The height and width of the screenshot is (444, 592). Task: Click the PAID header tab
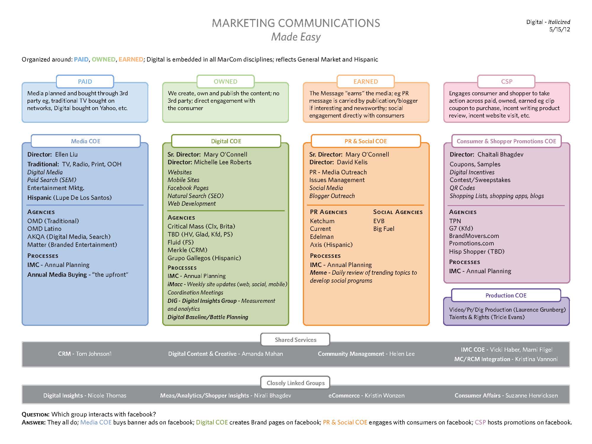pyautogui.click(x=85, y=82)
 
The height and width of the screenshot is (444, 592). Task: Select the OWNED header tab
pyautogui.click(x=226, y=82)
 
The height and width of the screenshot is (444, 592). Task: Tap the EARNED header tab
pyautogui.click(x=366, y=82)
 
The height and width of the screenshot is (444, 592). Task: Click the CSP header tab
pyautogui.click(x=506, y=82)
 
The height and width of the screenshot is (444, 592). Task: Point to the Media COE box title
pyautogui.click(x=86, y=141)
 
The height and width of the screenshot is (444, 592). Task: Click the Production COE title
pyautogui.click(x=506, y=295)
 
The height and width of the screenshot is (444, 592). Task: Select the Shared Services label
pyautogui.click(x=295, y=340)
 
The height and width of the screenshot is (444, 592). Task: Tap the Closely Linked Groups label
pyautogui.click(x=295, y=383)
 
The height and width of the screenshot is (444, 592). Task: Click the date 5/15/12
pyautogui.click(x=559, y=29)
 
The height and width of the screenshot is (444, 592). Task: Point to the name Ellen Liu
pyautogui.click(x=66, y=155)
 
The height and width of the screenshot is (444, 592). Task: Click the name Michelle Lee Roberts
pyautogui.click(x=223, y=162)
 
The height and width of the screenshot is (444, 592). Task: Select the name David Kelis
pyautogui.click(x=352, y=162)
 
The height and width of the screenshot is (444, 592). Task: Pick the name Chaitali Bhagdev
pyautogui.click(x=500, y=155)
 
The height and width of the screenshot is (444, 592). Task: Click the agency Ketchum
pyautogui.click(x=322, y=221)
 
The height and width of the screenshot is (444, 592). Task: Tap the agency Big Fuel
pyautogui.click(x=384, y=229)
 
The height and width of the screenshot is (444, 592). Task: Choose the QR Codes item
pyautogui.click(x=462, y=188)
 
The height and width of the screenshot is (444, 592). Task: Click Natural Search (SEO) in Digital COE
pyautogui.click(x=196, y=196)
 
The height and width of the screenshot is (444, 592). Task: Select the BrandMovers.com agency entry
pyautogui.click(x=474, y=236)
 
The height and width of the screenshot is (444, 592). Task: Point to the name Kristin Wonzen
pyautogui.click(x=385, y=395)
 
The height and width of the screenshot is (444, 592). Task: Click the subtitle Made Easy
pyautogui.click(x=296, y=37)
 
